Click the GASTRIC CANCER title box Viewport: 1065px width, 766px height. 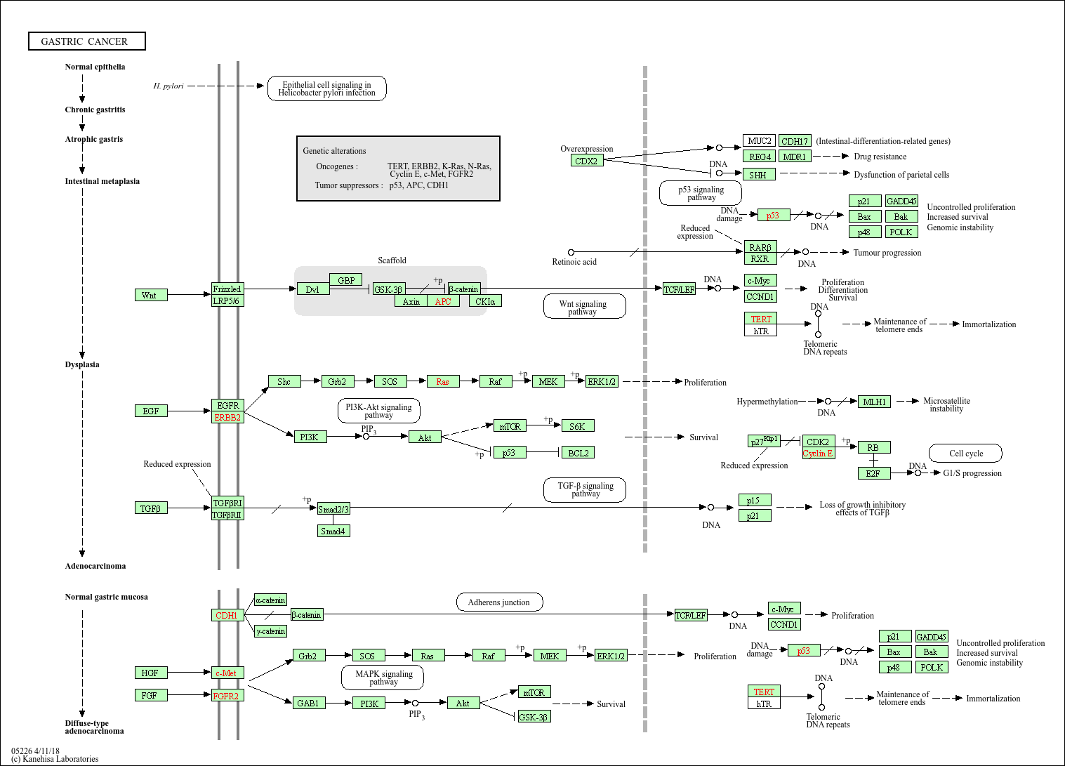coord(87,41)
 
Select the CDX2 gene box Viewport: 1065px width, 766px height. coord(587,161)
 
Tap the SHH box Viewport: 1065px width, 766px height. coord(759,175)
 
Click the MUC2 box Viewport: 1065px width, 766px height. coord(759,140)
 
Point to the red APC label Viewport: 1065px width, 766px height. coord(443,301)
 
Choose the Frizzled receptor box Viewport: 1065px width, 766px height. coord(227,289)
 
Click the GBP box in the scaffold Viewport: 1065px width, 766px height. coord(345,280)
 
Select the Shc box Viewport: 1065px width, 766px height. coord(284,381)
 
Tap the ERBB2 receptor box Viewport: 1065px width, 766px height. coord(227,417)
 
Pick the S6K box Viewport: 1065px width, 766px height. coord(578,426)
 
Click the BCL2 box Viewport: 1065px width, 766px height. coord(578,453)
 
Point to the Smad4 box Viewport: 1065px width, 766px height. coord(333,531)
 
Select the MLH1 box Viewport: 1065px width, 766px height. coord(874,402)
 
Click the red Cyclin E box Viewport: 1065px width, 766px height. coord(819,453)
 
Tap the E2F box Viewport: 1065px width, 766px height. coord(874,474)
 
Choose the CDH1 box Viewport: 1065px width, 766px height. coord(227,615)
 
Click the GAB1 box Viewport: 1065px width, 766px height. coord(309,703)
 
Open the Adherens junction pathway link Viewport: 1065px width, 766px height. coord(499,602)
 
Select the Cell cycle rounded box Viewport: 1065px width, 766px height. coord(965,453)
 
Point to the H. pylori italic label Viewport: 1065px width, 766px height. coord(168,86)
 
